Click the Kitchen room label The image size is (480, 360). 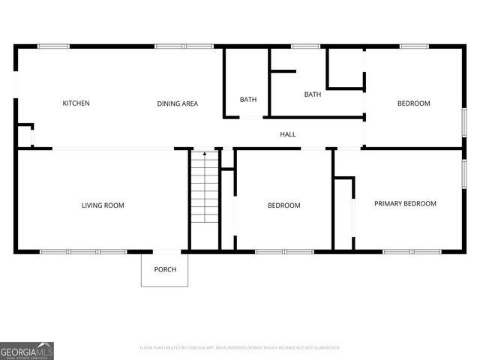76,103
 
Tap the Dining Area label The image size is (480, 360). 178,103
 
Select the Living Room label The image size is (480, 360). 103,205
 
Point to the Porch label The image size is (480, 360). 165,270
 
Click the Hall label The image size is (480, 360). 288,135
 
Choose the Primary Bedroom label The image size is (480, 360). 405,203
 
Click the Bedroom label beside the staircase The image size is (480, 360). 284,205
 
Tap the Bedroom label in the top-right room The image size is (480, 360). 413,103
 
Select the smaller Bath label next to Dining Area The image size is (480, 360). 248,100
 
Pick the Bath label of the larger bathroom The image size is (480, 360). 313,94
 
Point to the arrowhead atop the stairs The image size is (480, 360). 205,154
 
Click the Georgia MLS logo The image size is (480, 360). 27,351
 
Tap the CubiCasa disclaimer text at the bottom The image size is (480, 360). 240,348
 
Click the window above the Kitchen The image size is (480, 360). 53,46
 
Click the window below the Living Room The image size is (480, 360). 83,251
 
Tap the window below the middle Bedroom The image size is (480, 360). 284,251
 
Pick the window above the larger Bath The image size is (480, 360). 305,46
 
